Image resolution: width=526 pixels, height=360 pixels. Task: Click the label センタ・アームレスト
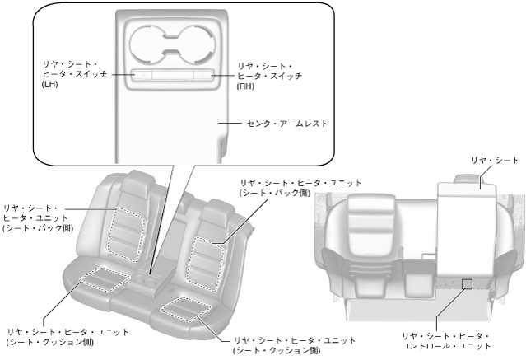click(287, 124)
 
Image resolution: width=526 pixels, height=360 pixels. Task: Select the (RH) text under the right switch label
click(246, 86)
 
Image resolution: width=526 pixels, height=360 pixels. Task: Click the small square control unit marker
click(467, 283)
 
